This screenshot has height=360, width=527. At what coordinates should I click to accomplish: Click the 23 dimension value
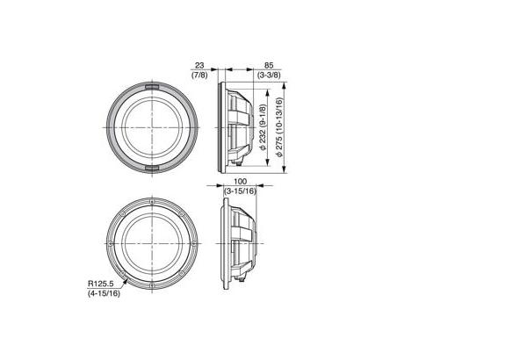(x=199, y=66)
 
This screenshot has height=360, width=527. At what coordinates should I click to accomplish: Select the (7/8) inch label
(x=199, y=75)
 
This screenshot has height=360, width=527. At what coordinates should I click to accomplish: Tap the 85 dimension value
(x=269, y=66)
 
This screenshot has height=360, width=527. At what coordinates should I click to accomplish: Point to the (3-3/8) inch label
(x=269, y=75)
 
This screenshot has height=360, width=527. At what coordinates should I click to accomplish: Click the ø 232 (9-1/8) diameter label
(x=263, y=126)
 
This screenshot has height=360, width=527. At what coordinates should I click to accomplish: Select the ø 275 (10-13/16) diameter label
(x=279, y=127)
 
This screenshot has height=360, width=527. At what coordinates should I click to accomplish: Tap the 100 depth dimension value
(x=241, y=182)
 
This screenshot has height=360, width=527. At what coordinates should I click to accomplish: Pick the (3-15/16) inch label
(x=241, y=191)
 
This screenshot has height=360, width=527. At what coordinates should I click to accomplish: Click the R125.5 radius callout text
(x=100, y=284)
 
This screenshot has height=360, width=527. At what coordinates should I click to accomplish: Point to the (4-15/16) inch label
(x=104, y=293)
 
